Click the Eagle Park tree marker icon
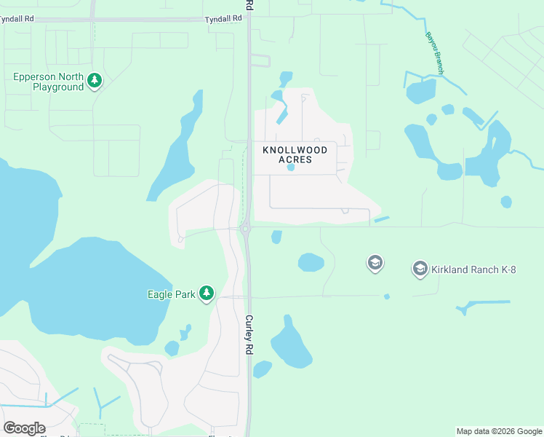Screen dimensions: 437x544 207,294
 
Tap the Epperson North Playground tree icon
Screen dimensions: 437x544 94,81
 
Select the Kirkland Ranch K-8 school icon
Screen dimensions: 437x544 420,269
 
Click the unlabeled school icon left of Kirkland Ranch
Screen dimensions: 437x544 375,263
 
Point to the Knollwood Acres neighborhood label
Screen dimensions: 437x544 295,154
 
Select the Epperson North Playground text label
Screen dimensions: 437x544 48,82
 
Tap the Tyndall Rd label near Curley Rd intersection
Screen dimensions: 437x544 223,19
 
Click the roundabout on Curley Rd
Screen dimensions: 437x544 245,229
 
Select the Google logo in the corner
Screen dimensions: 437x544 24,428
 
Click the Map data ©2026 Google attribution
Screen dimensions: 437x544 500,431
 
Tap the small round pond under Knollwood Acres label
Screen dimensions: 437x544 291,168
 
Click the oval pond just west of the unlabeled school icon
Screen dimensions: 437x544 311,262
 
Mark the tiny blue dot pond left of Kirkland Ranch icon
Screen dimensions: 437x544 386,296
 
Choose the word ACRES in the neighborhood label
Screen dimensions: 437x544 295,160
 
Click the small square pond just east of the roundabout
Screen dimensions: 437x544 276,237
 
